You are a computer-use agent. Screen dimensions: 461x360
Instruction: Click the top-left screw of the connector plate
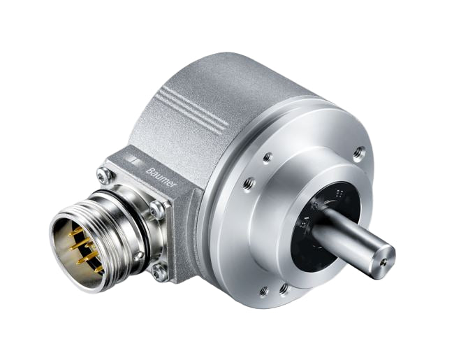pyautogui.click(x=105, y=176)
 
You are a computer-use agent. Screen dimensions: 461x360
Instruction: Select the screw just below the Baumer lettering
pyautogui.click(x=158, y=208)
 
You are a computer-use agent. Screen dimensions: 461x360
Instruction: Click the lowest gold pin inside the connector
pyautogui.click(x=98, y=268)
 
